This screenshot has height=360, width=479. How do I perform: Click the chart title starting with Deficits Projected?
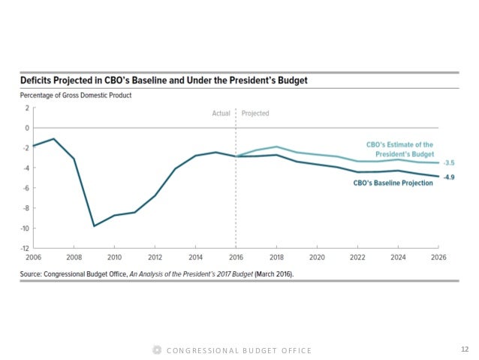point(168,80)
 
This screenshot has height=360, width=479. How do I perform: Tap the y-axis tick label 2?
point(26,107)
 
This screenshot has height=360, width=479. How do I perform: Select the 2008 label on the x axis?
point(74,256)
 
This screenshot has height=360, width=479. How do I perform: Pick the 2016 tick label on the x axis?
point(236,256)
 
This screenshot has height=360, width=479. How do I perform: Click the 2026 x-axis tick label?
point(438,256)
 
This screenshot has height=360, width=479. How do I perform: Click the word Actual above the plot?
point(221,113)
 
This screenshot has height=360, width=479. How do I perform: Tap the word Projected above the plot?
point(255,113)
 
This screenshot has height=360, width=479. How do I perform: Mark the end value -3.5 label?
point(449,163)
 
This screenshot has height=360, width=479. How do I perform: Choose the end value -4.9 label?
point(449,177)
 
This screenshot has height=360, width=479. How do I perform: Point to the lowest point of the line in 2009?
point(94,225)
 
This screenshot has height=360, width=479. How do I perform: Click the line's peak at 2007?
point(53,138)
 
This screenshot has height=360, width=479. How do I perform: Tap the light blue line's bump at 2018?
point(276,147)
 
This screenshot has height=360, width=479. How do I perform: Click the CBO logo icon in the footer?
point(156,350)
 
